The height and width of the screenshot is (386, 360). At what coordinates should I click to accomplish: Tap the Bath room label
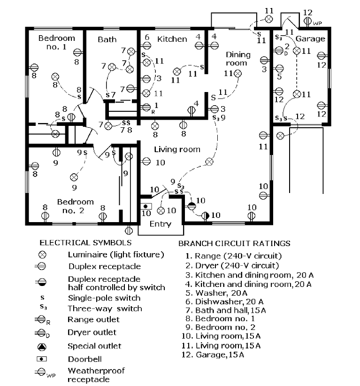107,39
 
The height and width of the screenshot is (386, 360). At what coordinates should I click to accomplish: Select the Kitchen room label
172,39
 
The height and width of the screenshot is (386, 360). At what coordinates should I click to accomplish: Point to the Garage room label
311,39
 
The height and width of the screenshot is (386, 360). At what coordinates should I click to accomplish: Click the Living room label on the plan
177,149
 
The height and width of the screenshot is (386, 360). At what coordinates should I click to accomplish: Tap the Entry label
160,224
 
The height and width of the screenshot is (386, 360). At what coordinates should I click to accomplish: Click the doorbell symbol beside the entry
146,206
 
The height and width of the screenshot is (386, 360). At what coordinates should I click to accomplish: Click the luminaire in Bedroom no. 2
74,177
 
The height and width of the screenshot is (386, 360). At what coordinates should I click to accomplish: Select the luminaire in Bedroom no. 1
55,76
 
